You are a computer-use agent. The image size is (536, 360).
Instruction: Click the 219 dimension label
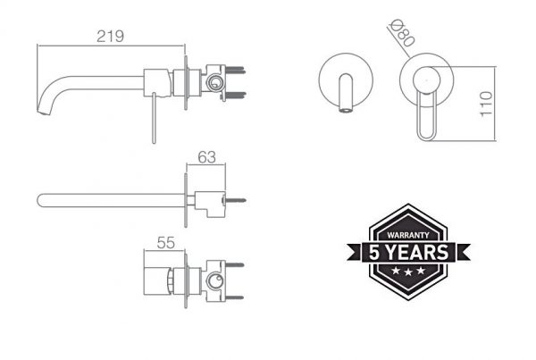[x=110, y=37]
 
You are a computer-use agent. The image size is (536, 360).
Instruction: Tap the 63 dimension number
[x=207, y=157]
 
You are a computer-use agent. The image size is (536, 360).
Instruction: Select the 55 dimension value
[x=166, y=243]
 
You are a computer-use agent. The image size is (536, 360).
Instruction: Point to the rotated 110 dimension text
[x=486, y=104]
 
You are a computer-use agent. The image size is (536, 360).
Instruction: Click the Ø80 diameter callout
[x=402, y=33]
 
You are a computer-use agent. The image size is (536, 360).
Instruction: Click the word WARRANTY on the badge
[x=408, y=235]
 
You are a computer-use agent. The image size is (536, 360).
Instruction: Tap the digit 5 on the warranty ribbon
[x=374, y=253]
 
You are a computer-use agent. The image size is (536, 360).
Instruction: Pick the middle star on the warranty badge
[x=408, y=272]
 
